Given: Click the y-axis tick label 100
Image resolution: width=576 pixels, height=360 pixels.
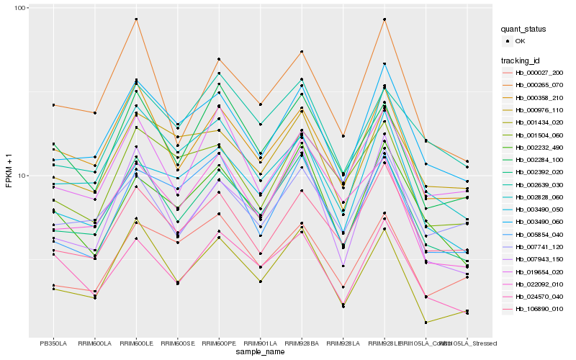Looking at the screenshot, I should click(20, 8).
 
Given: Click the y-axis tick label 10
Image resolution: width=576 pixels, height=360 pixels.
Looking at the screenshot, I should click(22, 176).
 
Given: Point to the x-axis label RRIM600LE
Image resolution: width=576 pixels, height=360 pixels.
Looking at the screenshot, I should click(136, 343).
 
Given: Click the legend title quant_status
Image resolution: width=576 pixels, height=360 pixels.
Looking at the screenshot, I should click(525, 30).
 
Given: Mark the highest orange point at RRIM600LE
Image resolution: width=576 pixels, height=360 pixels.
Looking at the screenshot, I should click(136, 19).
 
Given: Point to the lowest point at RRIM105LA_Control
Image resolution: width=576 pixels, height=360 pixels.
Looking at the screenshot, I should click(426, 323).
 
